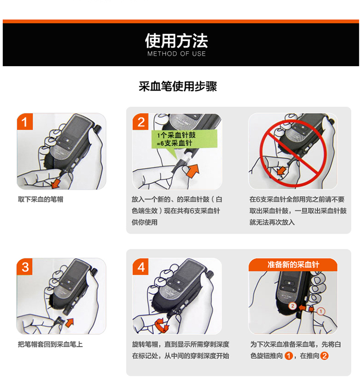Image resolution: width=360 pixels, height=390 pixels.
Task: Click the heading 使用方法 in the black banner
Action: coord(176,41)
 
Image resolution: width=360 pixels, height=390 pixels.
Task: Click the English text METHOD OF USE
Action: coord(177,54)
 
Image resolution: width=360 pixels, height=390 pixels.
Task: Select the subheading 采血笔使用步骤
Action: coord(178,86)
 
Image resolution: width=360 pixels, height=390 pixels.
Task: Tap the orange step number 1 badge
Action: coord(24,122)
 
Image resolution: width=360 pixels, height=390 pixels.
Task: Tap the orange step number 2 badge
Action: coord(141,122)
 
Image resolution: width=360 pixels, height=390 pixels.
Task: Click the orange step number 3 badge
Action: coord(24,267)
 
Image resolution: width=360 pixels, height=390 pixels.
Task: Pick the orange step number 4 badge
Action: coord(141,267)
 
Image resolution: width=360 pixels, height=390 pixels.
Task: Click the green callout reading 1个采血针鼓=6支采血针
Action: coord(184,139)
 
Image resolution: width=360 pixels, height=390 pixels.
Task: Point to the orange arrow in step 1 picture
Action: coord(55,183)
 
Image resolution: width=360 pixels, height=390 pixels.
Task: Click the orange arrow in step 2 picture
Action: coord(193,171)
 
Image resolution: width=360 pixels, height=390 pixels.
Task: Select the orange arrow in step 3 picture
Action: coord(70,322)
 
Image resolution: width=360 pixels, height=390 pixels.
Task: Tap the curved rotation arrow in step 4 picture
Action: coord(161,326)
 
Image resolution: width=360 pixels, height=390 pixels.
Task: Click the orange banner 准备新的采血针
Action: coord(293,264)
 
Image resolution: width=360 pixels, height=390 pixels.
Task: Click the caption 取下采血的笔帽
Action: coord(41,199)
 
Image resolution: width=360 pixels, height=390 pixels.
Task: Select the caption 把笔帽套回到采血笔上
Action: coord(50,344)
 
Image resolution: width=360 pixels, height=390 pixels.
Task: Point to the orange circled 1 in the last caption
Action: coord(288,355)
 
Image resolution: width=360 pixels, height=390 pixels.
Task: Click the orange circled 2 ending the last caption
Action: coord(324,355)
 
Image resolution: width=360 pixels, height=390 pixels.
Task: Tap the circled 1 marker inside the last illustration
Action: coord(321,311)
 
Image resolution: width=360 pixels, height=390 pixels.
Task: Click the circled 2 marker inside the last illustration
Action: coord(292,306)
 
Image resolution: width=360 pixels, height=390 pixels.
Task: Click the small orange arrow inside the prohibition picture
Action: coord(282,171)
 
